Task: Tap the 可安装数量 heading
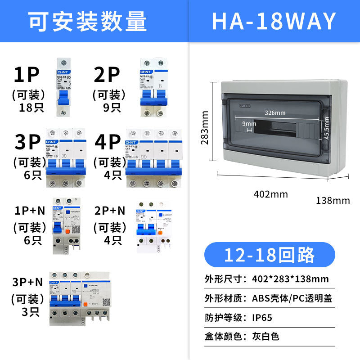(88, 21)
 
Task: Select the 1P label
(27, 75)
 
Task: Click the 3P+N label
(27, 282)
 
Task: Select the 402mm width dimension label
(271, 194)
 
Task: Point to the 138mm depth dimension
(333, 200)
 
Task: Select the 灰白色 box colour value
(266, 336)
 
